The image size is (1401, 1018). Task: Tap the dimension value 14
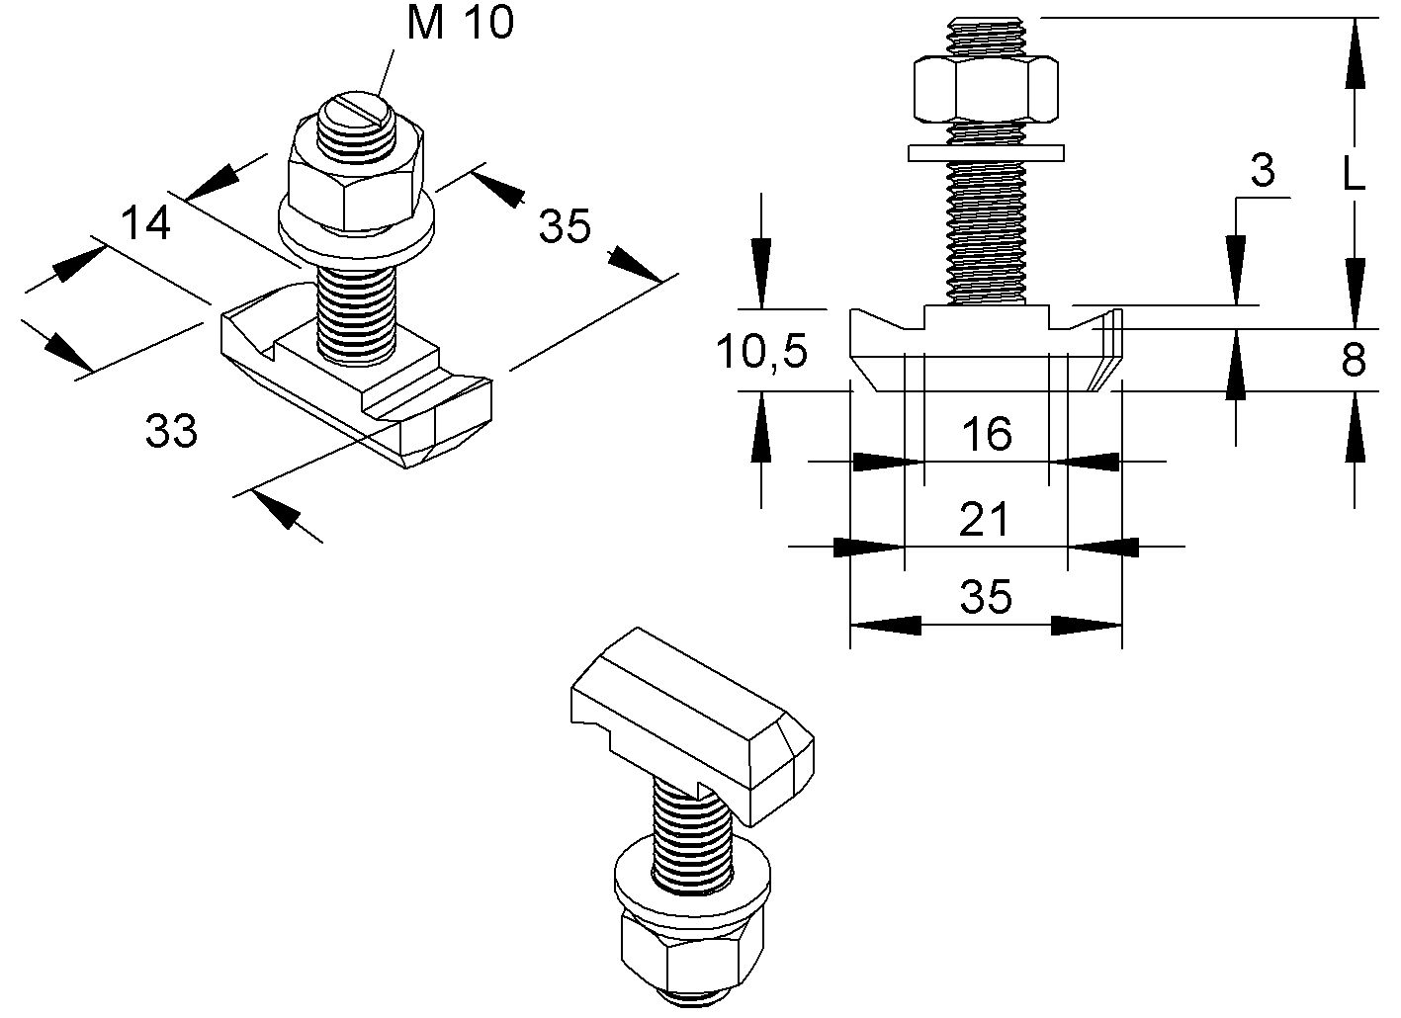click(x=146, y=223)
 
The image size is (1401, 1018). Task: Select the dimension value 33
click(x=172, y=431)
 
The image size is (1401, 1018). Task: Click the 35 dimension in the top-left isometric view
click(x=565, y=226)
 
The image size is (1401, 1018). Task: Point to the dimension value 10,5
click(x=762, y=351)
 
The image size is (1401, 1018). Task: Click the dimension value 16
click(x=986, y=434)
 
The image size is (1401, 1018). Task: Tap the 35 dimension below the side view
click(x=986, y=598)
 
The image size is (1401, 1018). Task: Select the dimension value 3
click(x=1263, y=172)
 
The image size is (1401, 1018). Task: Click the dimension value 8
click(x=1354, y=361)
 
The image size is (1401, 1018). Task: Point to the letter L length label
click(x=1354, y=175)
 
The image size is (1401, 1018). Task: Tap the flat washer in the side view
click(x=986, y=152)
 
